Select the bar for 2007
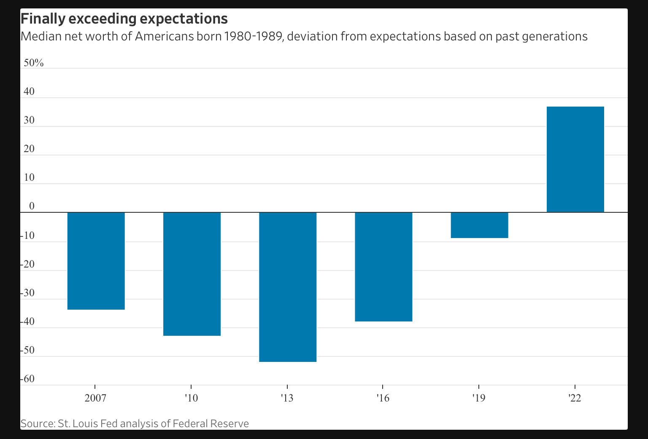(x=96, y=261)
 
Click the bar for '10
(x=192, y=274)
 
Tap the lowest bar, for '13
(x=287, y=287)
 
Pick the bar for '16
(x=383, y=267)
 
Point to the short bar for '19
(x=479, y=225)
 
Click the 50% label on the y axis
(x=33, y=63)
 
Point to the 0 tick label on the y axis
(x=32, y=206)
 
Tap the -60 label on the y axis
(x=28, y=379)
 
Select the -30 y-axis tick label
(x=28, y=293)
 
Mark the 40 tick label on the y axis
(x=29, y=92)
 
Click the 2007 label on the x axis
(x=95, y=398)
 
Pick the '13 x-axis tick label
(x=287, y=398)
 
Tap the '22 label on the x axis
(x=575, y=398)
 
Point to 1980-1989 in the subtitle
(x=254, y=37)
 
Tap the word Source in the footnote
(x=37, y=423)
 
